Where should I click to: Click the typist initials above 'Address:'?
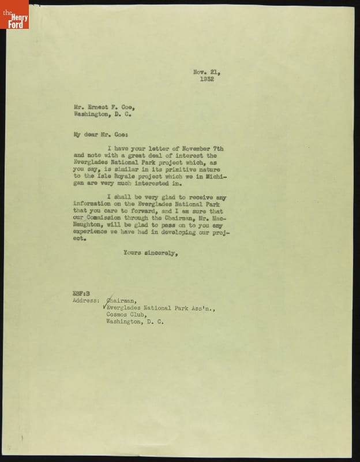coord(80,293)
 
